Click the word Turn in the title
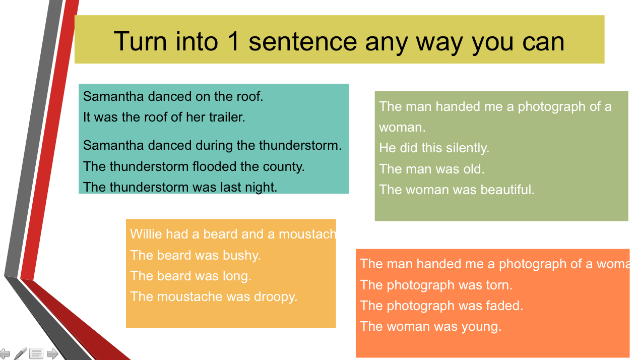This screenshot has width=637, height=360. tap(140, 41)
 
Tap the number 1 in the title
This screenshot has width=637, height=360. tap(234, 41)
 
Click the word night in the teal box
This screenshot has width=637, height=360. tap(264, 188)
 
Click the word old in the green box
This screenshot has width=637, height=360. tap(474, 169)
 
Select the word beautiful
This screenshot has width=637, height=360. tap(507, 190)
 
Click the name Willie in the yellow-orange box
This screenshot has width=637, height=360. tap(146, 234)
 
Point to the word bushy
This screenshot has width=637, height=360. tap(241, 256)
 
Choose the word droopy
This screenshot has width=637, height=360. tap(275, 297)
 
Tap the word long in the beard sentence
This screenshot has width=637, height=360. tap(237, 276)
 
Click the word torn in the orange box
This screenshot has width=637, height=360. tap(499, 285)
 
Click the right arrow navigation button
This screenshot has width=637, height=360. tap(52, 353)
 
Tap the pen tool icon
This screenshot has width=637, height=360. tap(21, 353)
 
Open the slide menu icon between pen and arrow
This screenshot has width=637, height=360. tap(36, 353)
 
